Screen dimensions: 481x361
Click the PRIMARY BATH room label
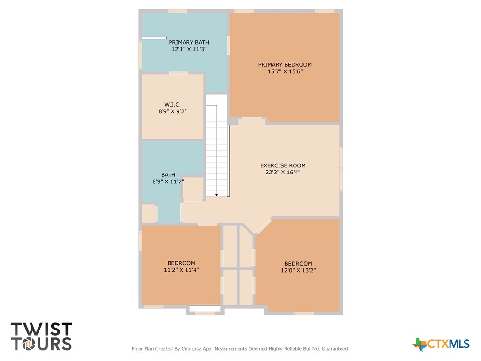189,42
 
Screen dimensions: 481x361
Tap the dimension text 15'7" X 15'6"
285,71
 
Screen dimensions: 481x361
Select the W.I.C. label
172,105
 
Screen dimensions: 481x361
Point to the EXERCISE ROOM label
283,165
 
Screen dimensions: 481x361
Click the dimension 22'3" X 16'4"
283,172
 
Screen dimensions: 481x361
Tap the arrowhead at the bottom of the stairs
217,195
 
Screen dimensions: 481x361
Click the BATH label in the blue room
168,175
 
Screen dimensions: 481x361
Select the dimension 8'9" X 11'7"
168,181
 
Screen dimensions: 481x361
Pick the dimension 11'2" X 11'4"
181,270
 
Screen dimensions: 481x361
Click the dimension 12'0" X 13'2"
298,270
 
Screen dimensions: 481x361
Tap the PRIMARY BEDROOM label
285,65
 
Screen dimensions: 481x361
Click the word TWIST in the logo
42,329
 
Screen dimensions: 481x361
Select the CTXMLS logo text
448,344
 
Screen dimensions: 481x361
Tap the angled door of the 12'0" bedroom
264,226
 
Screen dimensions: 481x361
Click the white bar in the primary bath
154,38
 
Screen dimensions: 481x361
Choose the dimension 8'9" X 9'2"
172,111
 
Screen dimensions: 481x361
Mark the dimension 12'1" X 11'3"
189,49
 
